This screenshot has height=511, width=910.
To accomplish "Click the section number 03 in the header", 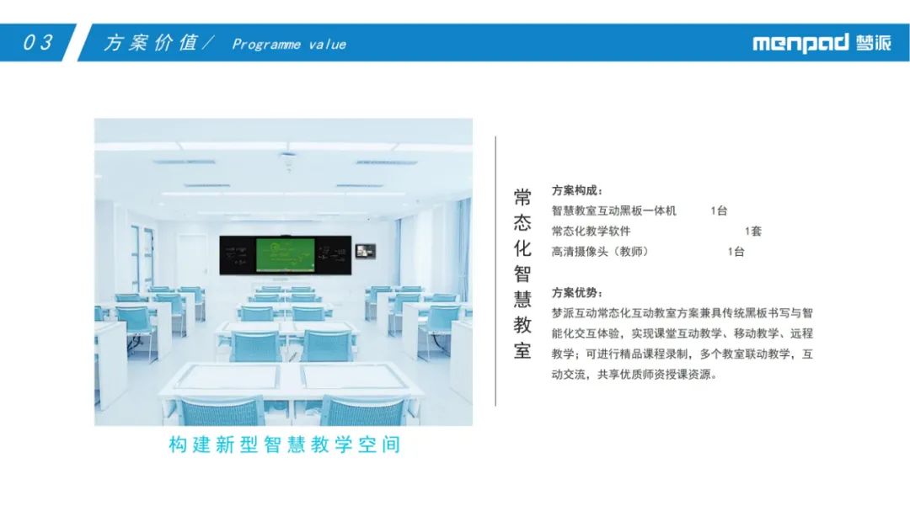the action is tap(38, 42).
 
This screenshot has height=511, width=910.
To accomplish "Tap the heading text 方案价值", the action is tap(151, 42).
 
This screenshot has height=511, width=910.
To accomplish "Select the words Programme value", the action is tap(289, 45).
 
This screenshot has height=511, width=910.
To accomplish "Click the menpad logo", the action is tap(822, 43).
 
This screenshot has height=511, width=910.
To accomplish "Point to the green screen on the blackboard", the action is tap(286, 254).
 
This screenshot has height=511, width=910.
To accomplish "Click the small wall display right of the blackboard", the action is tap(366, 251).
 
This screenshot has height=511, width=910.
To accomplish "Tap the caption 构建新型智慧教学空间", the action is tap(285, 444).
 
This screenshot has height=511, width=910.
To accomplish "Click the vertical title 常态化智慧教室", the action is tap(522, 274).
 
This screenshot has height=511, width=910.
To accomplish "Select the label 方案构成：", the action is tap(577, 190).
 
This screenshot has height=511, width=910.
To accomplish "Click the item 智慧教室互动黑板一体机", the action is tap(614, 210).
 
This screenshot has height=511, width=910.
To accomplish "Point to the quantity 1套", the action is tap(752, 231).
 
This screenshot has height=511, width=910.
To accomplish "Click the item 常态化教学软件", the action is tap(591, 231).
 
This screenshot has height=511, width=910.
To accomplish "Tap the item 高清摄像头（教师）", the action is tap(600, 251).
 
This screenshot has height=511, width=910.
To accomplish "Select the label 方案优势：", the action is tap(577, 292).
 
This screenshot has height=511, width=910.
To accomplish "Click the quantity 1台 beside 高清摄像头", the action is tap(736, 251).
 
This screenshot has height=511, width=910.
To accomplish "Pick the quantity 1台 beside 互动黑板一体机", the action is tap(719, 210).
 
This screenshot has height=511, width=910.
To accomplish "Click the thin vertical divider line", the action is tap(495, 271).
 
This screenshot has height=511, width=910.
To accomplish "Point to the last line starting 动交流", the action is tap(634, 374).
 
